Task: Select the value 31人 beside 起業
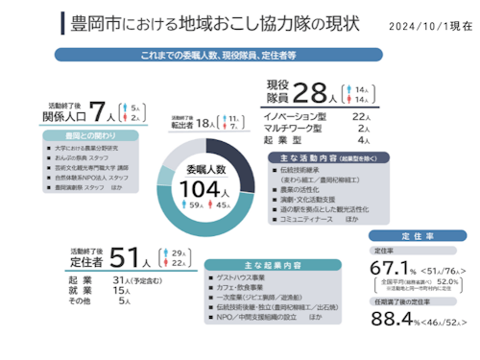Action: tap(122, 279)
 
